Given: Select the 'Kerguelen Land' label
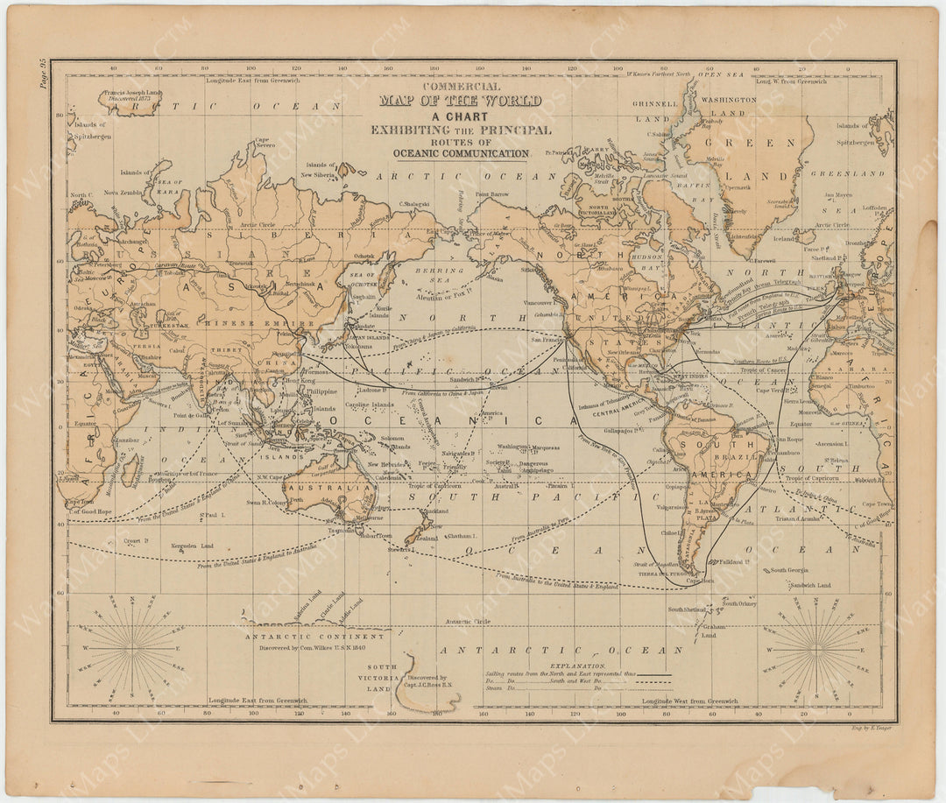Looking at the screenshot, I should pos(194,546).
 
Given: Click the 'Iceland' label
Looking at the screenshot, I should pos(783,238).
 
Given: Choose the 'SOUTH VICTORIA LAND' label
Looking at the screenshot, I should pos(382,677).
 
